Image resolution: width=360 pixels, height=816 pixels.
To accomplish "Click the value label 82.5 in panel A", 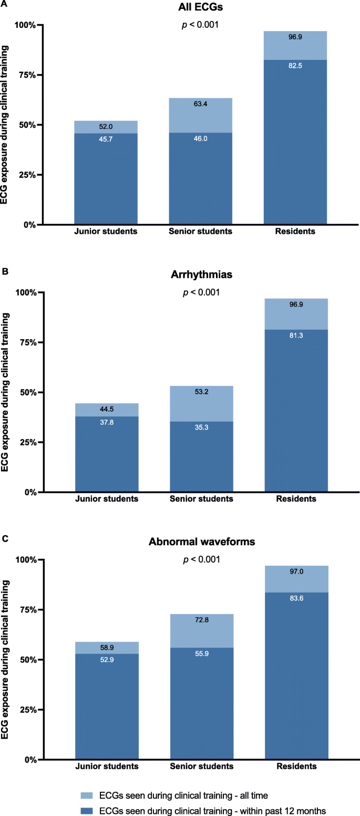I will (x=295, y=64).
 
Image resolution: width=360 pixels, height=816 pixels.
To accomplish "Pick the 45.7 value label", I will (x=106, y=139).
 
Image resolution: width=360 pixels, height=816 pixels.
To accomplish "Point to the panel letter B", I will (x=5, y=272).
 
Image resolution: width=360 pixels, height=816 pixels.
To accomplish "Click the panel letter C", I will (x=5, y=539).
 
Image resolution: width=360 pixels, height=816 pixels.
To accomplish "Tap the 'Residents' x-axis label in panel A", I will (x=295, y=232).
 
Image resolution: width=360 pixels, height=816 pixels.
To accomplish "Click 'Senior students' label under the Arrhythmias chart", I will (x=200, y=499).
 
